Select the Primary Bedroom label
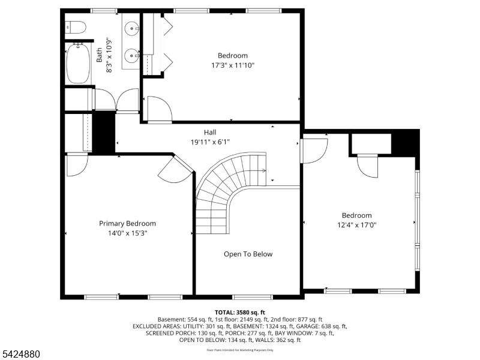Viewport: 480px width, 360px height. click(127, 223)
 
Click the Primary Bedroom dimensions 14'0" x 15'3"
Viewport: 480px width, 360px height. click(127, 233)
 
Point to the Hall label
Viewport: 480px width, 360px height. click(209, 132)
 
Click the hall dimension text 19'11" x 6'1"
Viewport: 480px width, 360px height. click(209, 142)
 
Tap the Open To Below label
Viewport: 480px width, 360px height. click(248, 254)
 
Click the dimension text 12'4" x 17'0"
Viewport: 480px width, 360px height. click(356, 225)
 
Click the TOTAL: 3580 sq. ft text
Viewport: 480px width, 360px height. click(240, 312)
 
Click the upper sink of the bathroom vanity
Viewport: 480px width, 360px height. click(131, 28)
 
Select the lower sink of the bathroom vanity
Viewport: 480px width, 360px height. click(131, 57)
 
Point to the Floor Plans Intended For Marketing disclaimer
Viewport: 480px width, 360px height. click(240, 349)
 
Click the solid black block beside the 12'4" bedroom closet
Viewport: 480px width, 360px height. click(404, 143)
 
